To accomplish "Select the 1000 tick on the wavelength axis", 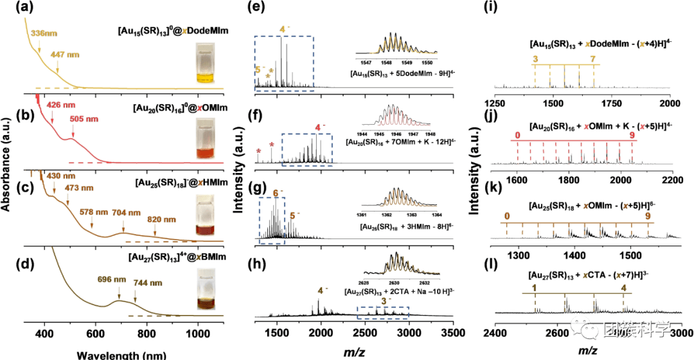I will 197,333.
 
